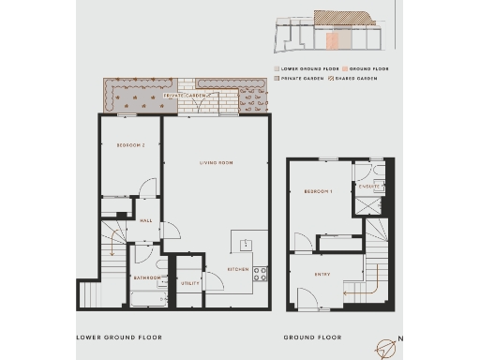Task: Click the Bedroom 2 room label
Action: (x=130, y=144)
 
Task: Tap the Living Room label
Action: (x=216, y=162)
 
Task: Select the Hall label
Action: (x=145, y=221)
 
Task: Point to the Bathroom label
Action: (x=145, y=277)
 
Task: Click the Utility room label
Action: (x=189, y=282)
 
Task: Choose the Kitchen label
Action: (x=238, y=270)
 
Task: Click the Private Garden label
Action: (x=185, y=96)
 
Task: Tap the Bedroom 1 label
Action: (x=317, y=191)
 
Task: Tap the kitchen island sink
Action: (x=246, y=245)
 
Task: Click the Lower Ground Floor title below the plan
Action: (x=119, y=337)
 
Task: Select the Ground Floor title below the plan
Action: (x=314, y=337)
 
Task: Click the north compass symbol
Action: (x=386, y=347)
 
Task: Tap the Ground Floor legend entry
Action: (x=367, y=69)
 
